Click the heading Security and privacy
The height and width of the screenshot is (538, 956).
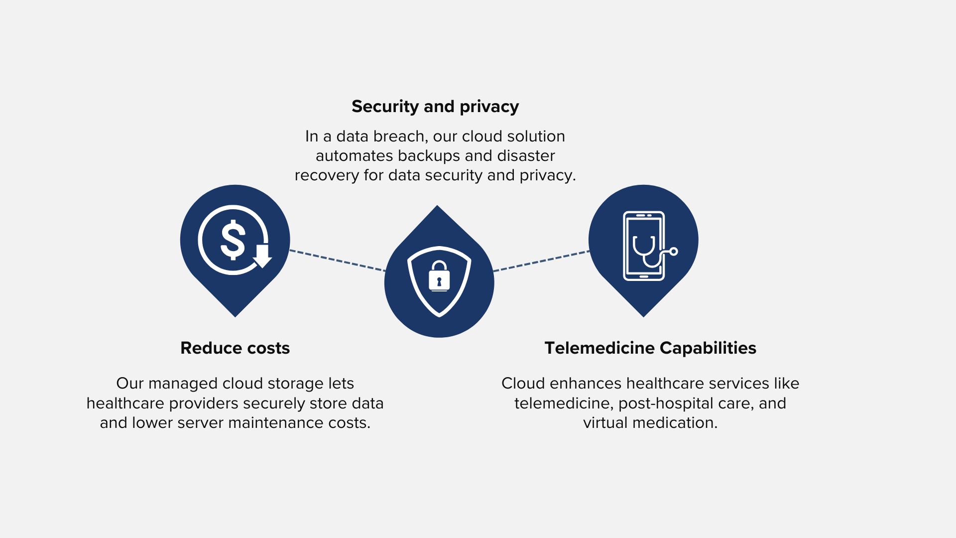click(x=435, y=107)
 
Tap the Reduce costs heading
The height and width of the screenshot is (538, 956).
click(x=235, y=348)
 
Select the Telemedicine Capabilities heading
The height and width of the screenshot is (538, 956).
click(x=650, y=348)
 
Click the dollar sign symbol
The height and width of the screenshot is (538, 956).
click(x=233, y=240)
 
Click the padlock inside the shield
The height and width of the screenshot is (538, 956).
click(x=439, y=275)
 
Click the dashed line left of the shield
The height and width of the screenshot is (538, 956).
click(x=338, y=261)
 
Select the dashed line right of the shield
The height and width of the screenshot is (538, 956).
click(x=541, y=261)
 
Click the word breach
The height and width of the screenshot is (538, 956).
click(x=398, y=136)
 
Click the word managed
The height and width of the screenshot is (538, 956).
click(x=183, y=384)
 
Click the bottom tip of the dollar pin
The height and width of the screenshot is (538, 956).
click(x=235, y=317)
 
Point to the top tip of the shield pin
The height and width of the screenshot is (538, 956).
click(x=437, y=205)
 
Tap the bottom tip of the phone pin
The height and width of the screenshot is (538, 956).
click(x=643, y=317)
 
